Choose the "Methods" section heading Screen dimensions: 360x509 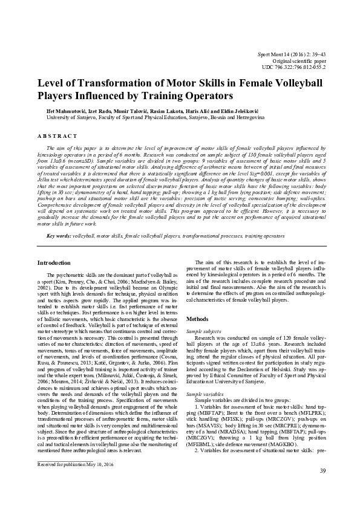click(x=197, y=318)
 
